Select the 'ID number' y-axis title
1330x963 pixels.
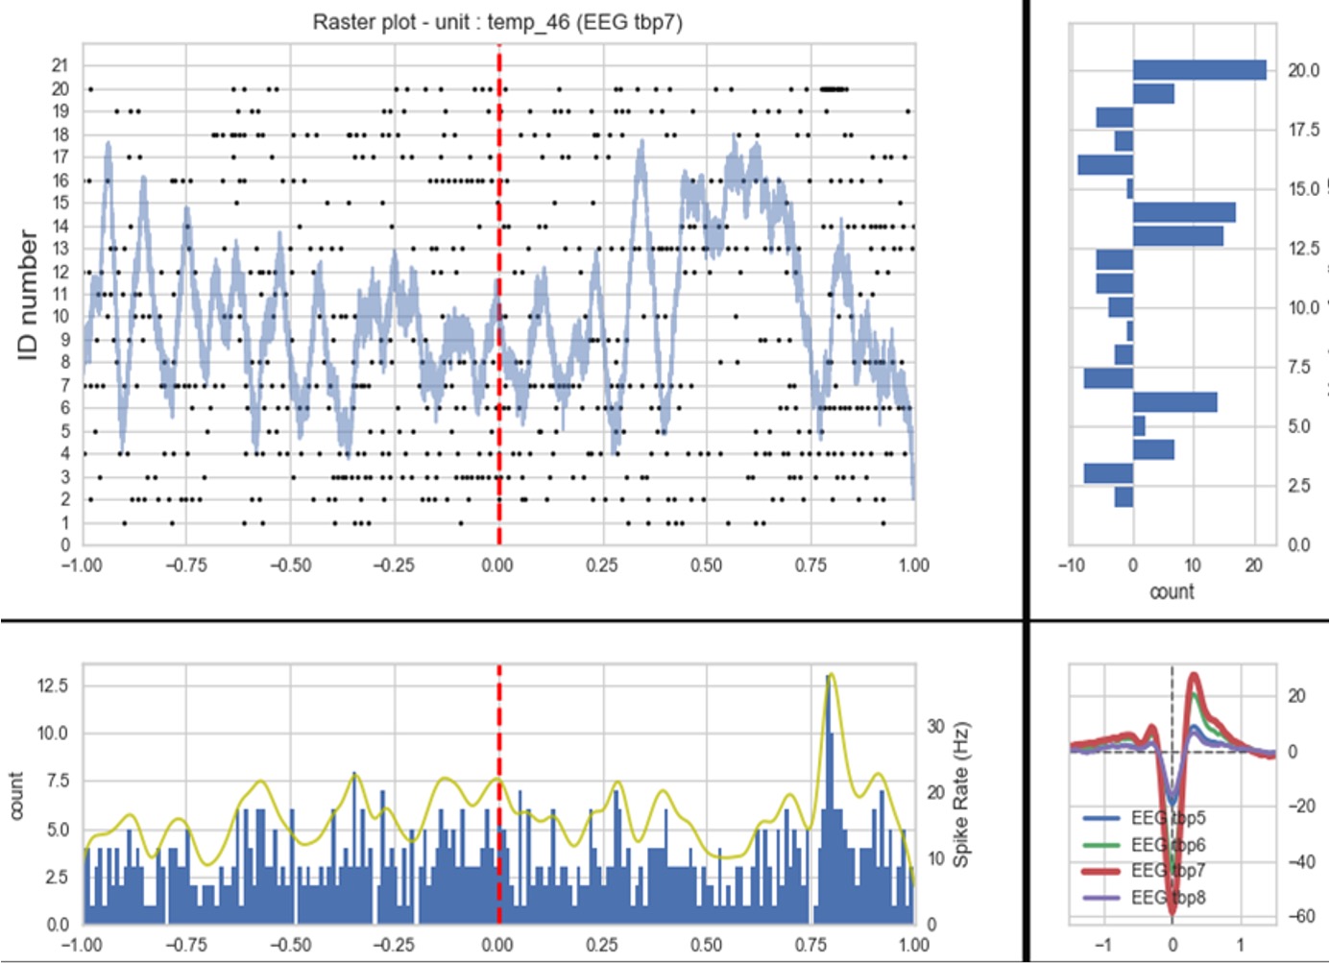click(28, 295)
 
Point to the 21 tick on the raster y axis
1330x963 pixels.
click(60, 65)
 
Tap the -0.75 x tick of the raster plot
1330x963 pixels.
click(185, 566)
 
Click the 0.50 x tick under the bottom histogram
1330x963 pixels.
click(706, 945)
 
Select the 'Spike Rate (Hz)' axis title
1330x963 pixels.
click(960, 794)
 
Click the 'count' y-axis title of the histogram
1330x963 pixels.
click(16, 795)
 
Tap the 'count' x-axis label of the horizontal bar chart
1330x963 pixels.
click(1172, 591)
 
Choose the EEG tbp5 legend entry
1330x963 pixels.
click(1167, 818)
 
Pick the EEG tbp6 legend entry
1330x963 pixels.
click(1167, 845)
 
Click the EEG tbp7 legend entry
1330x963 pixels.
click(1167, 871)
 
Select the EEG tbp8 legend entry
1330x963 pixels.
click(1167, 898)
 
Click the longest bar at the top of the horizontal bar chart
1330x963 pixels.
click(1199, 70)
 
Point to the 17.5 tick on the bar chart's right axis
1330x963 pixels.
click(1303, 130)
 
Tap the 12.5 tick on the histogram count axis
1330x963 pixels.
click(52, 686)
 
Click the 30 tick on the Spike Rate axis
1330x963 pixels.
click(935, 726)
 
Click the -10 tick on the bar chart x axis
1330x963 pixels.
click(1071, 566)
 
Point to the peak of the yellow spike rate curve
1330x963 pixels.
click(832, 674)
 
